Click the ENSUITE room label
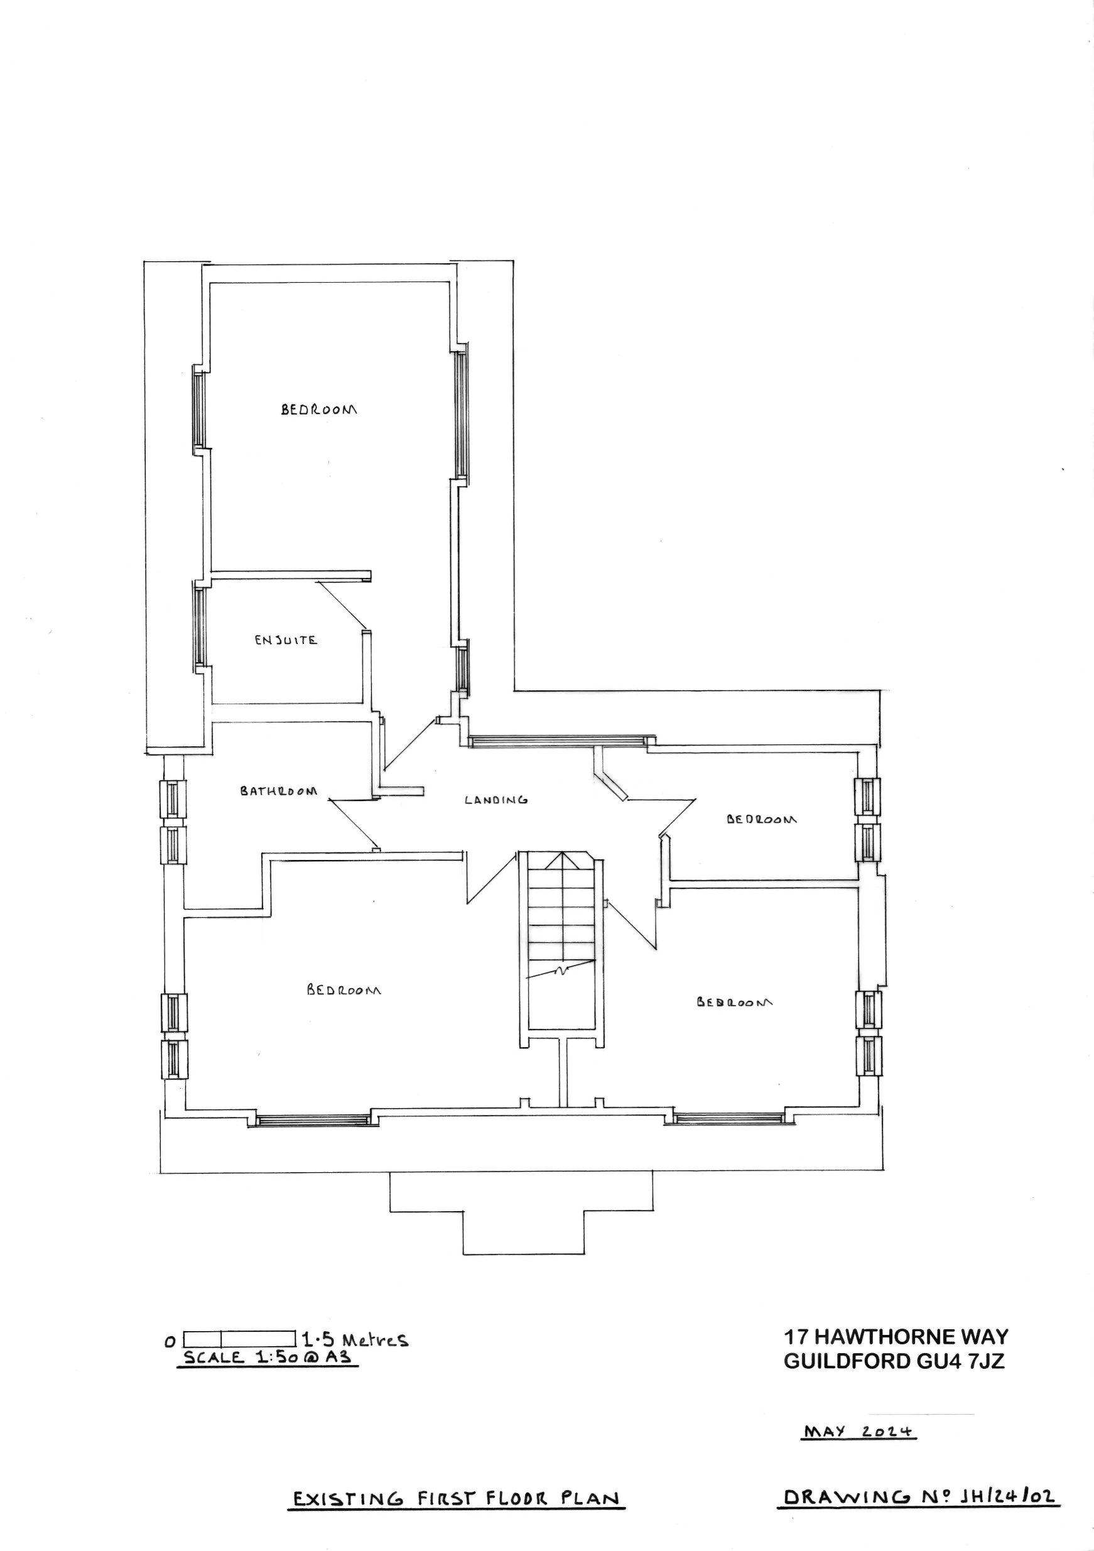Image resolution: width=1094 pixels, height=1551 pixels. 286,639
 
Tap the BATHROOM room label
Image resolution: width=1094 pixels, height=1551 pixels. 278,791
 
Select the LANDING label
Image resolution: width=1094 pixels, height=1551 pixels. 496,800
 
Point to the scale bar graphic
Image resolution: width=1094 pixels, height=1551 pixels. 240,1338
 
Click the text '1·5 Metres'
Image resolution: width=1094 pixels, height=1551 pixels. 355,1339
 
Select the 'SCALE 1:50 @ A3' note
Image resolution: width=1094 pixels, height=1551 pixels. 268,1358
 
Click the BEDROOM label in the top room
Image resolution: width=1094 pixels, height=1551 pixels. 319,410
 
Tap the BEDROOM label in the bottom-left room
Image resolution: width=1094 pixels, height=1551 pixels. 344,990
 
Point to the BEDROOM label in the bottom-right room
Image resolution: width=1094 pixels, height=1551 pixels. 735,1003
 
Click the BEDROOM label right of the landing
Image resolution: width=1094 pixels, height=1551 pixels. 761,819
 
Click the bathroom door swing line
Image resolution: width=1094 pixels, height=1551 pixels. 352,824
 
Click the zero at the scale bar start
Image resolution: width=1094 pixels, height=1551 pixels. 170,1342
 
